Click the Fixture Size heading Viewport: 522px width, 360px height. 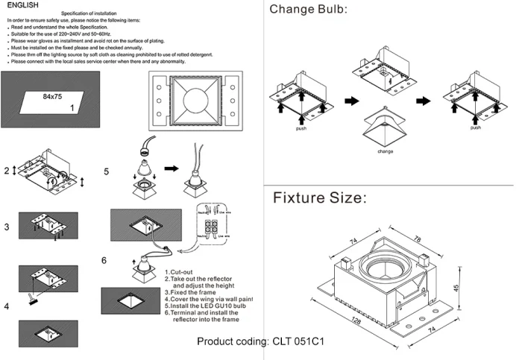click(319, 198)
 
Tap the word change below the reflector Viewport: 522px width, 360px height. click(385, 151)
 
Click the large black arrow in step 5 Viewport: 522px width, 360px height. click(172, 169)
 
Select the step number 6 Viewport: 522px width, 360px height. click(105, 260)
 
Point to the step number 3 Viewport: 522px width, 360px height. click(6, 227)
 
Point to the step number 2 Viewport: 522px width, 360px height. click(6, 171)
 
